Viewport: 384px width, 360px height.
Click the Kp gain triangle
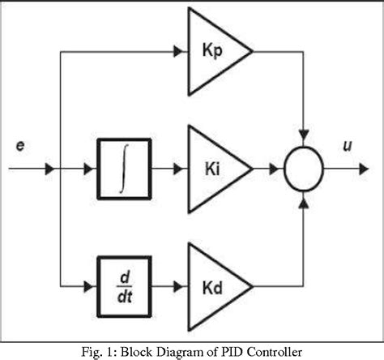[213, 51]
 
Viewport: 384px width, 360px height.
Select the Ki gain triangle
[213, 169]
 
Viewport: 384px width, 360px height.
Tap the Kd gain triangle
[213, 286]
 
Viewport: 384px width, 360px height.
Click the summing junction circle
[304, 169]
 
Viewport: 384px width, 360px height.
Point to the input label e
[19, 145]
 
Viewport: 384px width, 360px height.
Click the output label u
[347, 145]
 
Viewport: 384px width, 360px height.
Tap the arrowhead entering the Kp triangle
[181, 52]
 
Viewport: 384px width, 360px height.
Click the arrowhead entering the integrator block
[89, 169]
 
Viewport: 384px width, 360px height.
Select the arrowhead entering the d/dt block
[89, 286]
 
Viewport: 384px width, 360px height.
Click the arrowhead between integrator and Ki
[181, 169]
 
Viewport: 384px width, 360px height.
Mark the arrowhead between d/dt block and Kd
[181, 286]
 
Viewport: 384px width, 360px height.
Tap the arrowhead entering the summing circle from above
[304, 133]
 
